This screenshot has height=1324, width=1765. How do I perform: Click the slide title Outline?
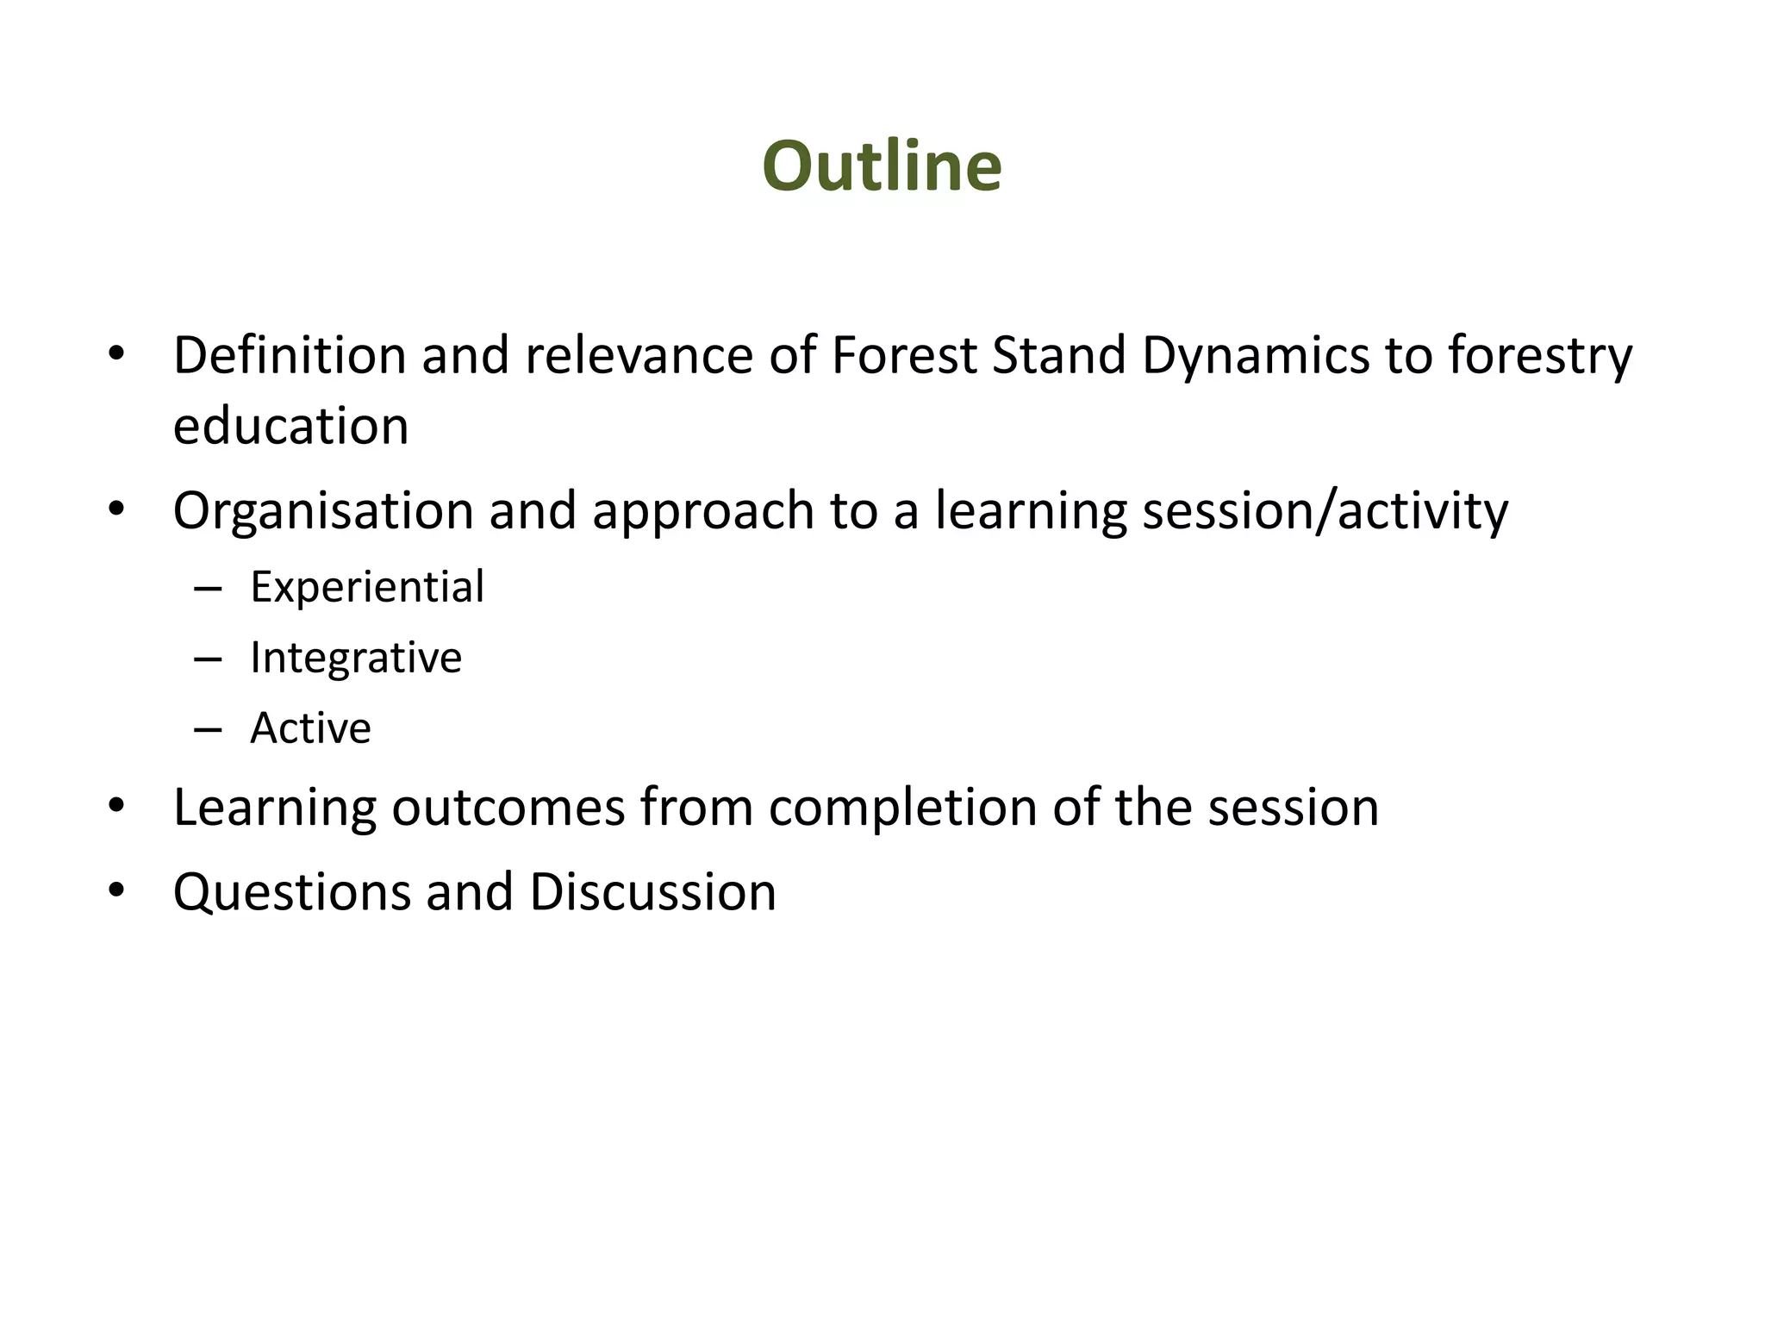point(882,165)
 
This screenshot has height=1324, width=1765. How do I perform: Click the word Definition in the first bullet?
point(290,355)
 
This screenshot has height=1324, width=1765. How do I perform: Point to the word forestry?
point(1539,355)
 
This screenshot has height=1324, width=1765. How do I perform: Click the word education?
point(290,426)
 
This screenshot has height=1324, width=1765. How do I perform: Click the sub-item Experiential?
point(367,587)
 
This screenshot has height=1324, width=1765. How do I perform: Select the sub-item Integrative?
point(356,658)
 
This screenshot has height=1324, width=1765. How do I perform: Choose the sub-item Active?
point(310,728)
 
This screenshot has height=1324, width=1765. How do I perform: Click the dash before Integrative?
point(209,660)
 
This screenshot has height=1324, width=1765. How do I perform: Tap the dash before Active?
point(209,731)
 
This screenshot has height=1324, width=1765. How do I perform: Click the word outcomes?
point(508,808)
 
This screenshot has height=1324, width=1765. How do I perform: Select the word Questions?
point(291,892)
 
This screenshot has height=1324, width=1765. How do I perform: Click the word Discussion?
point(652,892)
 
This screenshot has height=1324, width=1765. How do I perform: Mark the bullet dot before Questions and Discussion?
point(117,890)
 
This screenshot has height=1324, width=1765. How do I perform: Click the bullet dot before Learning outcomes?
point(117,805)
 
